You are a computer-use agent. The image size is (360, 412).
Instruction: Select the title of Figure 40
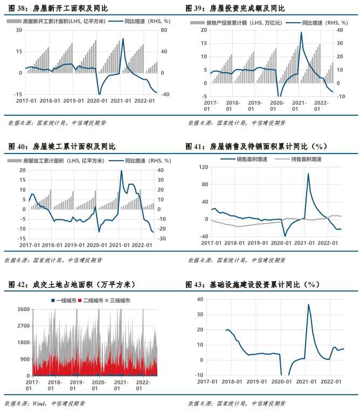[61, 146]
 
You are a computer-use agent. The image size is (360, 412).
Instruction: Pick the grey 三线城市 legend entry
[116, 300]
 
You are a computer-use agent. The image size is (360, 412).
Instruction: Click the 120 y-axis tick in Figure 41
[203, 167]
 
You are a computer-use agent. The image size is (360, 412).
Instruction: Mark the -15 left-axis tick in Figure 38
[18, 94]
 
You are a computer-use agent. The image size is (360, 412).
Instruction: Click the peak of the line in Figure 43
[308, 305]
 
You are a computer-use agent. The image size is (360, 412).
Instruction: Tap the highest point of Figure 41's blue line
[308, 173]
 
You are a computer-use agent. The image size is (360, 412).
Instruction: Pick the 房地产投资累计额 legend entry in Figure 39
[230, 23]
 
